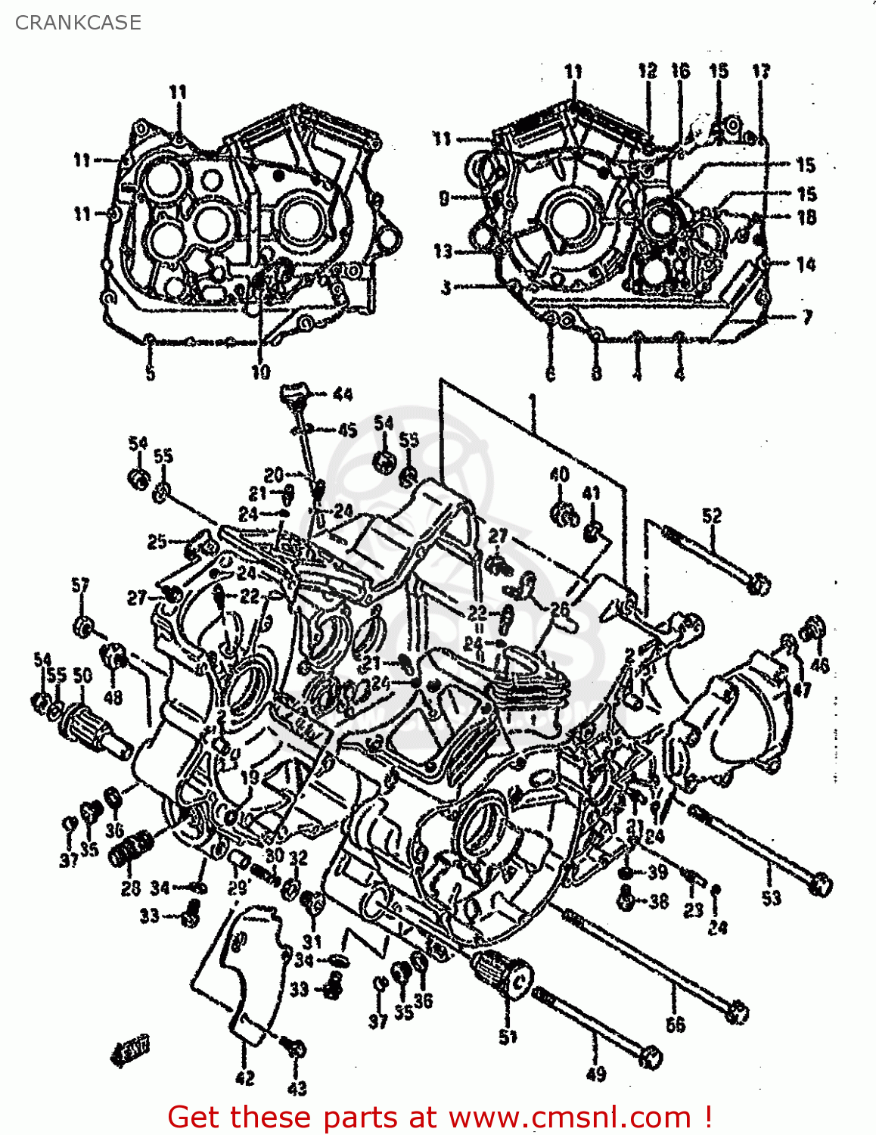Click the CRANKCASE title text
point(78,23)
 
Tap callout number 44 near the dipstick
point(342,394)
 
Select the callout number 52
point(712,516)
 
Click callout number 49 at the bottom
point(596,1074)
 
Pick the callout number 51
point(508,1037)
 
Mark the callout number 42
point(245,1078)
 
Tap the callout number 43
point(297,1088)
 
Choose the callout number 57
point(80,585)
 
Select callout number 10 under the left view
point(260,372)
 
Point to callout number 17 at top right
point(760,71)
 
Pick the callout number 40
point(560,474)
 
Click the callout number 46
point(820,664)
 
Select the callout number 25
point(157,542)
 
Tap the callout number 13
point(443,250)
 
